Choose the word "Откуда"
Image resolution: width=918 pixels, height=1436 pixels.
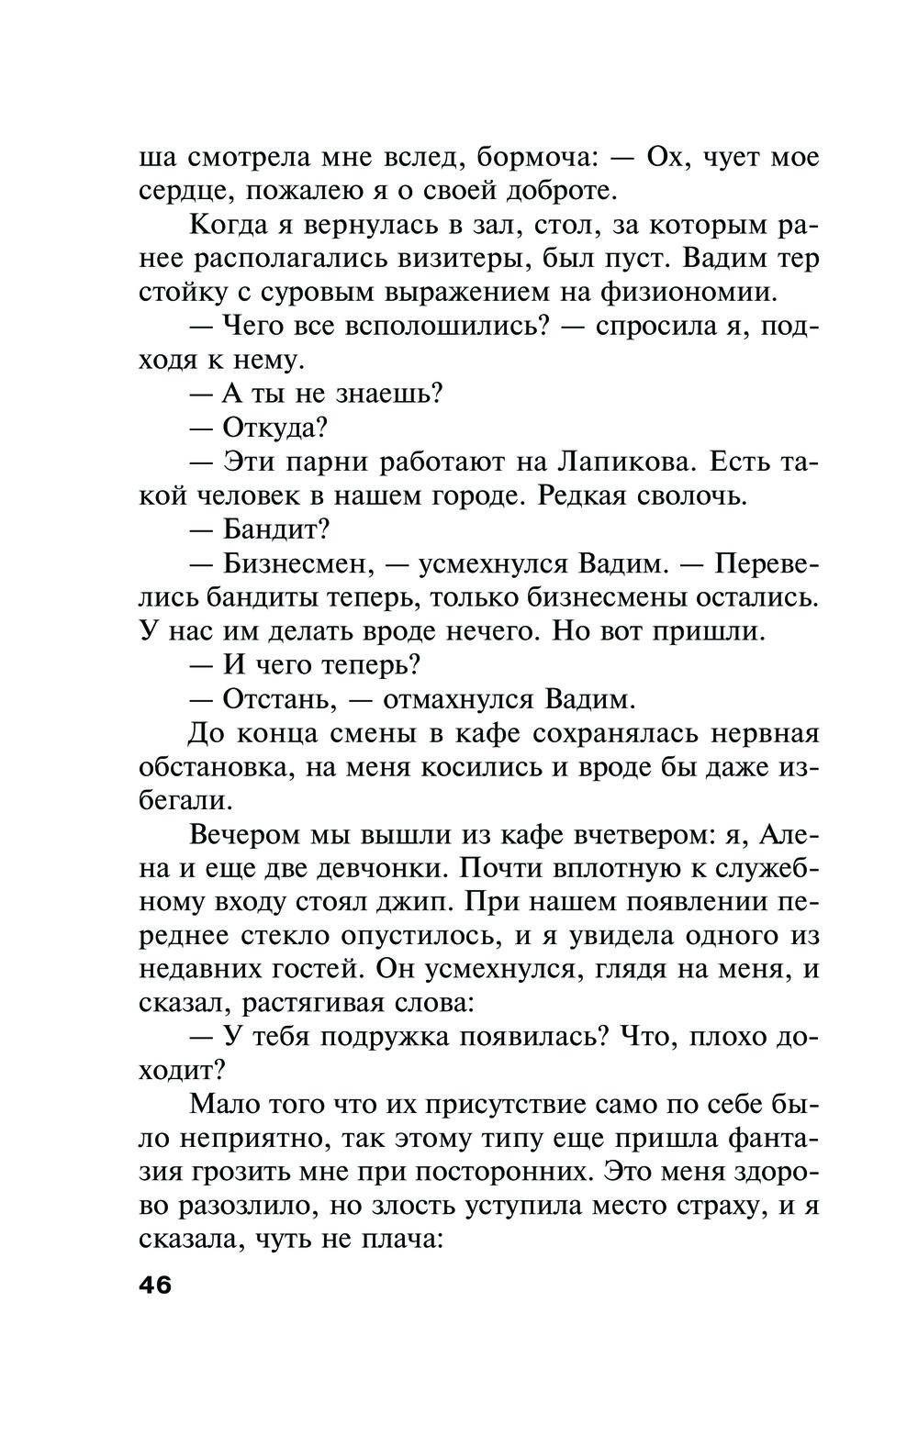pos(274,428)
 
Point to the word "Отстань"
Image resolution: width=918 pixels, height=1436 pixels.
pos(274,699)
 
